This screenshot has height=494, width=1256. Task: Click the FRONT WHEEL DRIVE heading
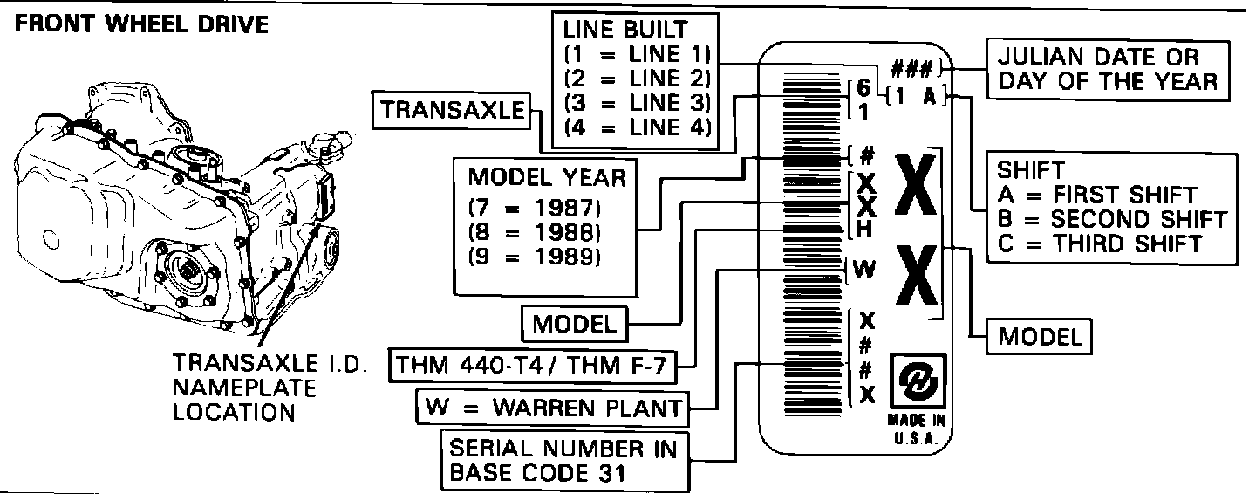[x=142, y=24]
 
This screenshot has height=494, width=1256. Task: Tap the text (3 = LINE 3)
[x=638, y=101]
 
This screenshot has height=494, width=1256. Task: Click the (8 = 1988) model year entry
[x=536, y=233]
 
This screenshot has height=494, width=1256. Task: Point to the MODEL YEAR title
[x=548, y=178]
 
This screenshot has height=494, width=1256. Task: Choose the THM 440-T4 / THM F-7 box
[x=532, y=366]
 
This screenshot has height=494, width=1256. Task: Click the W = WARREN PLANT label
[x=551, y=407]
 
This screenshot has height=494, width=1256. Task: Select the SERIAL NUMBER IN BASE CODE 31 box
[x=563, y=461]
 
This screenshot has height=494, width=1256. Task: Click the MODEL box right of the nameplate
[x=1040, y=337]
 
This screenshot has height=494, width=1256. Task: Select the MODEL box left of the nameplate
[x=574, y=324]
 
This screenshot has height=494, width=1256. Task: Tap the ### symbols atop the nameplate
[x=911, y=67]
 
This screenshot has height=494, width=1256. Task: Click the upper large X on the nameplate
[x=916, y=187]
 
